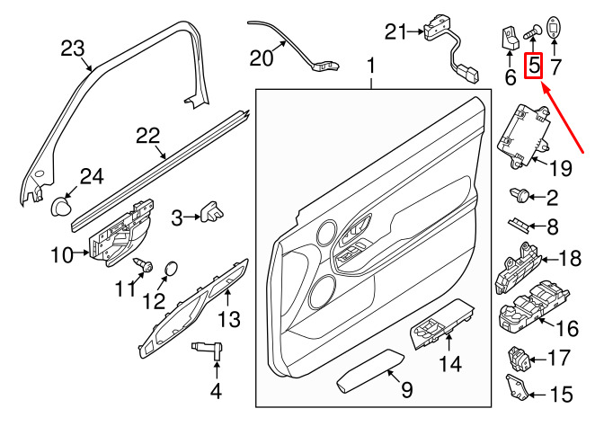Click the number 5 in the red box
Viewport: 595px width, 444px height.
[534, 66]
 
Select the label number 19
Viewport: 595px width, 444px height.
[561, 166]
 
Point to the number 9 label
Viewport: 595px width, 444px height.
[406, 391]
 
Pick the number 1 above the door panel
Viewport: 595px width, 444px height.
[370, 67]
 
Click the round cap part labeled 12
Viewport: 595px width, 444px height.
[173, 268]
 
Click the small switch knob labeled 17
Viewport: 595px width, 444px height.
[520, 357]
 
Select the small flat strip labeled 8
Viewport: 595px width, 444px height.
[520, 225]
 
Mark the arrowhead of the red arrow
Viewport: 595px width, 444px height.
[541, 81]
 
